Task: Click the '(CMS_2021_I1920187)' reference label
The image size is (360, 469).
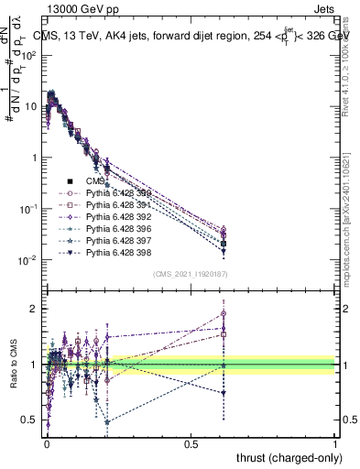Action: [189, 274]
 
